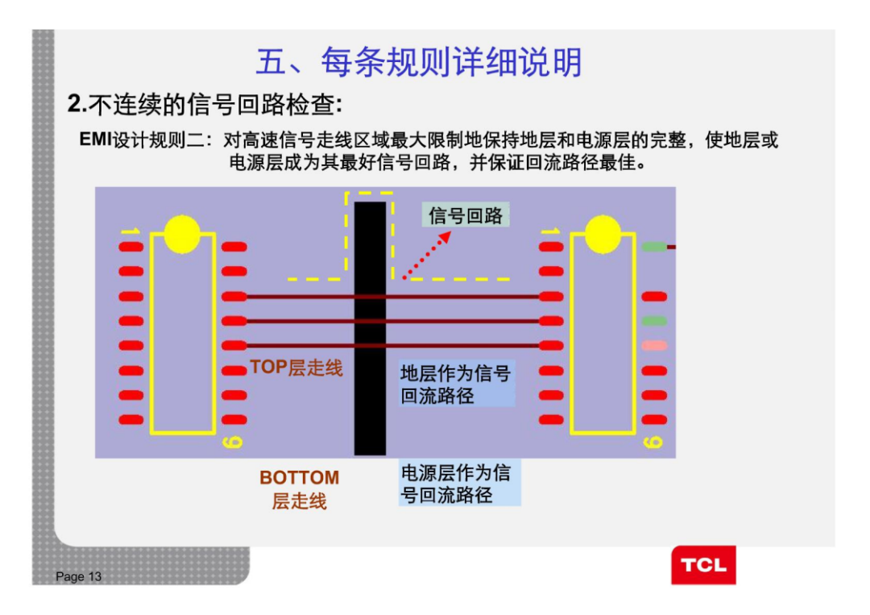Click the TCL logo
coord(703,565)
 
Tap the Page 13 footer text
coord(79,576)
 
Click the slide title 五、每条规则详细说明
coord(419,62)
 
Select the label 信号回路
coord(466,215)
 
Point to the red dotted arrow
coord(427,254)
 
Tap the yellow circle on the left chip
coord(182,234)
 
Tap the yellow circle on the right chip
coord(603,234)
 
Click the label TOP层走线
coord(296,368)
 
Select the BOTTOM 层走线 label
coord(299,489)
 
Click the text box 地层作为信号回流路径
coord(456,384)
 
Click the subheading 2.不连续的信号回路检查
coord(205,105)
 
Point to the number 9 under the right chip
coord(653,443)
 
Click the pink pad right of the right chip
coord(654,346)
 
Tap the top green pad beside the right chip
coord(654,247)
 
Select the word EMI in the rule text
coord(96,139)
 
